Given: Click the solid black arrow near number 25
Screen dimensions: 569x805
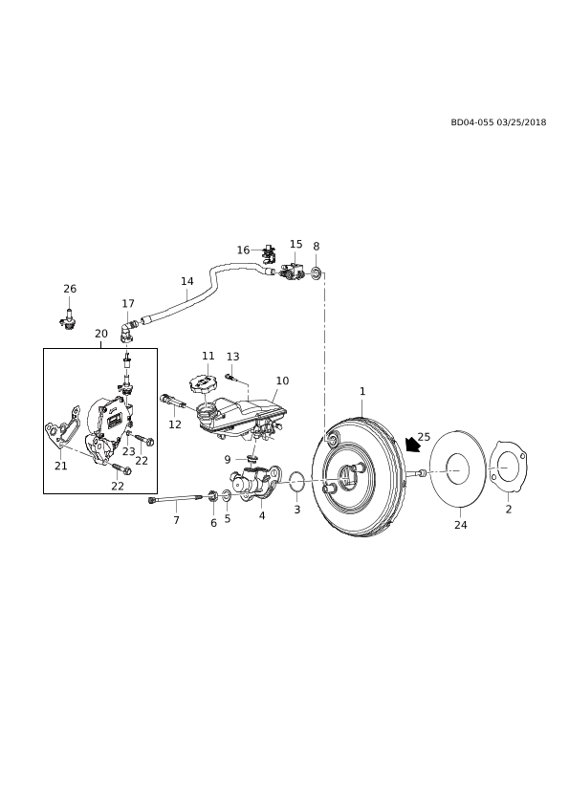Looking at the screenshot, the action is (412, 445).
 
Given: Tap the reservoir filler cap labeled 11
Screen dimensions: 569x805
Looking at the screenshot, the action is (203, 383).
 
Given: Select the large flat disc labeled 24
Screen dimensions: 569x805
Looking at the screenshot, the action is (457, 469).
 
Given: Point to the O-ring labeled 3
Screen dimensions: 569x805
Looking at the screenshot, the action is (296, 482).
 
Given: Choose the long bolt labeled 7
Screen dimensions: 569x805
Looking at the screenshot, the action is (176, 498).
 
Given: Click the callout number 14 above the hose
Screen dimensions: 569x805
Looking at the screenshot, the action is (186, 281).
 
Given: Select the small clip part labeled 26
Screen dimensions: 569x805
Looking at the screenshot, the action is (68, 319).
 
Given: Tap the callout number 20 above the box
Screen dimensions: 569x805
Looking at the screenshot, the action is (101, 334).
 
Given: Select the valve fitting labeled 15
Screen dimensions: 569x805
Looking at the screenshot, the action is (294, 271).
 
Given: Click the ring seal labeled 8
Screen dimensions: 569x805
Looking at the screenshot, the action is (317, 273).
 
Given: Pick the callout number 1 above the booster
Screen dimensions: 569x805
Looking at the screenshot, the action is (362, 391).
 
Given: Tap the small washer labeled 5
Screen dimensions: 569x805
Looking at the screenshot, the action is (227, 497).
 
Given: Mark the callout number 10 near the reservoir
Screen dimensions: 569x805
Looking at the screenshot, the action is (282, 381).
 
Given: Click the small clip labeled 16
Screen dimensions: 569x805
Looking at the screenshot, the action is (269, 252).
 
